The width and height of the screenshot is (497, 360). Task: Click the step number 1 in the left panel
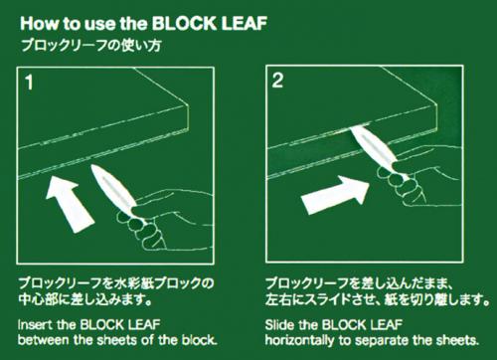click(x=30, y=83)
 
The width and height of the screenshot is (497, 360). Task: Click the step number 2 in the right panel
click(x=277, y=81)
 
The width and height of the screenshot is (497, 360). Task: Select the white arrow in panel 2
click(x=335, y=195)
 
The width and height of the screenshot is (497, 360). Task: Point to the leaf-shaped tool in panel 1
click(x=113, y=188)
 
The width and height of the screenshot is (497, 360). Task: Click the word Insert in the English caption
click(x=35, y=324)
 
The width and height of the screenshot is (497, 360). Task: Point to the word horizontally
click(x=299, y=340)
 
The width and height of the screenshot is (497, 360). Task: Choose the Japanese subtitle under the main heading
click(x=90, y=46)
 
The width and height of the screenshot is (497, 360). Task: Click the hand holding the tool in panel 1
click(x=165, y=220)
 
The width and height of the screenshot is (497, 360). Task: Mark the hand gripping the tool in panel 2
click(x=420, y=176)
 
